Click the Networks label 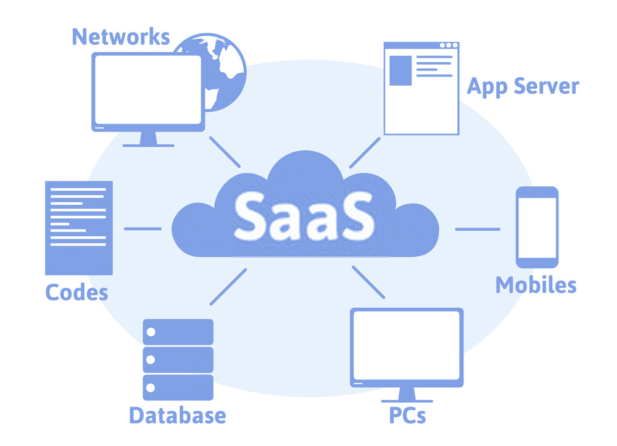pos(121,37)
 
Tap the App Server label pos(523,86)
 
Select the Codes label pos(77,292)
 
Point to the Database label pos(178,415)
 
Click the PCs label pos(407,415)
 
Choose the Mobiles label pos(536,285)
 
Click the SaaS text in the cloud pos(304,217)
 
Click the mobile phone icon pos(537,228)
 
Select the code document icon pos(79,228)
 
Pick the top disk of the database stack pos(178,332)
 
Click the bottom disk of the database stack pos(178,387)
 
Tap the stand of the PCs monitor pos(407,395)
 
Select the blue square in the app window pos(400,70)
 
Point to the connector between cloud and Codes pos(143,228)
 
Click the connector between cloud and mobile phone pos(478,229)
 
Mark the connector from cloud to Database pos(228,287)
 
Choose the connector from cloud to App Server pos(365,152)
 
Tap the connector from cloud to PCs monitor pos(368,282)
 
